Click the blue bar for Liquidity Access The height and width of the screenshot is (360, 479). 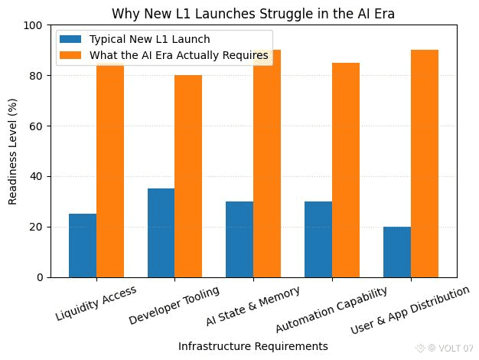83,245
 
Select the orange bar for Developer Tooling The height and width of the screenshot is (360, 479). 188,176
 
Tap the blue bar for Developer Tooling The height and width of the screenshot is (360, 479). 161,233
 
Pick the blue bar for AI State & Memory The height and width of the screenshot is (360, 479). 239,239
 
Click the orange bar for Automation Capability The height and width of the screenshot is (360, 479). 345,170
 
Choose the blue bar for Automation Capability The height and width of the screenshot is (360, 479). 318,239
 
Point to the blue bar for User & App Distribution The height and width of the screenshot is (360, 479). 396,252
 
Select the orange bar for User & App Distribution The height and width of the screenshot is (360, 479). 424,164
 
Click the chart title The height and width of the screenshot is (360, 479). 253,14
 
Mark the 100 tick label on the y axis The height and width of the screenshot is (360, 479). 32,25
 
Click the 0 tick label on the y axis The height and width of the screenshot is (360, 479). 39,277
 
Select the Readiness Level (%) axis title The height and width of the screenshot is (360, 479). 12,151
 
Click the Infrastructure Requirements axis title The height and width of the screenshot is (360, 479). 253,346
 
